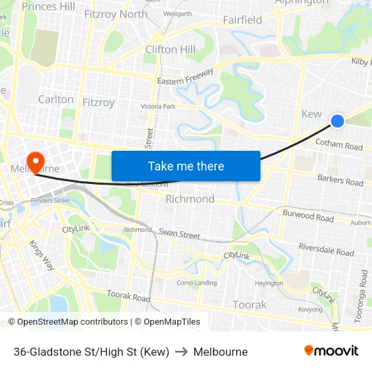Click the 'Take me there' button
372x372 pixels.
coord(186,166)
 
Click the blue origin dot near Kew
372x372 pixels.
coord(338,121)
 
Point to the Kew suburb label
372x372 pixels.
coord(311,114)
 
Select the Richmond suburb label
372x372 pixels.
coord(190,199)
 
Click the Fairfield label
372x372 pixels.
coord(242,20)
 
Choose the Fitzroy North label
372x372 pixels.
coord(116,14)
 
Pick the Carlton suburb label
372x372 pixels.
coord(55,99)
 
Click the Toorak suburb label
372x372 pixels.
coord(250,305)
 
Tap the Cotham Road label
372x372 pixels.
coord(339,145)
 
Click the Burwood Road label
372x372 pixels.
coord(308,216)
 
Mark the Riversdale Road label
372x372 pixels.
coord(326,250)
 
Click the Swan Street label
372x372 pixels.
coord(179,234)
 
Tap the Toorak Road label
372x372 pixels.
coord(128,297)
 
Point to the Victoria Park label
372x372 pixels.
coord(158,107)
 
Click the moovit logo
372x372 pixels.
coord(331,350)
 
